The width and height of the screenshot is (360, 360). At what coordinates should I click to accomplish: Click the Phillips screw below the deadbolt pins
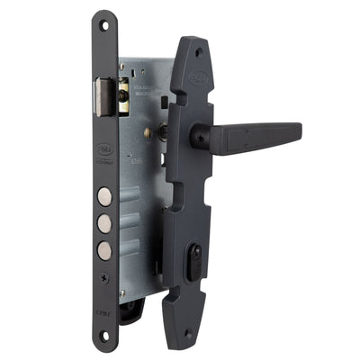pos(105,276)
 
